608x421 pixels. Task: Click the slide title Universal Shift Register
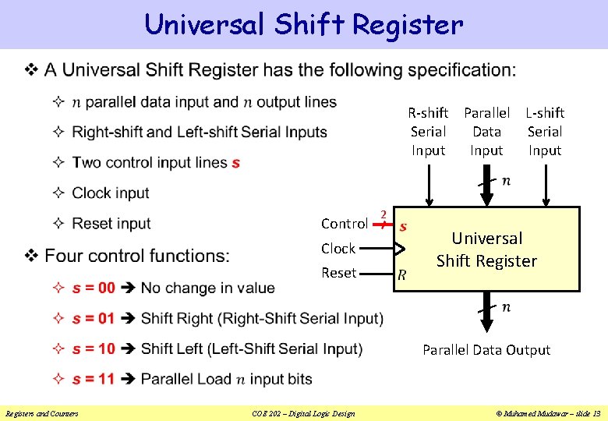pyautogui.click(x=303, y=24)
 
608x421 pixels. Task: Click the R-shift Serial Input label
pyautogui.click(x=428, y=132)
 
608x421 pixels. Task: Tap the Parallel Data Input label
pyautogui.click(x=486, y=132)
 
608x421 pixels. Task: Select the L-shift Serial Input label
pyautogui.click(x=545, y=132)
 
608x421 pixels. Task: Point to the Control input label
pyautogui.click(x=345, y=224)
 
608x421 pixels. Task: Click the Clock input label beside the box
pyautogui.click(x=338, y=249)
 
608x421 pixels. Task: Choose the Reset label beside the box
pyautogui.click(x=338, y=273)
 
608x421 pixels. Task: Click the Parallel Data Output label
pyautogui.click(x=486, y=350)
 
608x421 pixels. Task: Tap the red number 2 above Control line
pyautogui.click(x=383, y=214)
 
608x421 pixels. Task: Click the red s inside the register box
pyautogui.click(x=403, y=227)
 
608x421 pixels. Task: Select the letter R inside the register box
pyautogui.click(x=401, y=274)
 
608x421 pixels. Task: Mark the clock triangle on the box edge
pyautogui.click(x=399, y=249)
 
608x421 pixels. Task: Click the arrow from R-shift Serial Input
pyautogui.click(x=428, y=187)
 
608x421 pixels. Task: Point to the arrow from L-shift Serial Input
pyautogui.click(x=545, y=187)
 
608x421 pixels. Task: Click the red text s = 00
pyautogui.click(x=94, y=288)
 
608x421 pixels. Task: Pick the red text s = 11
pyautogui.click(x=94, y=379)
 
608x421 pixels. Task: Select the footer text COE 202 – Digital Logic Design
pyautogui.click(x=304, y=413)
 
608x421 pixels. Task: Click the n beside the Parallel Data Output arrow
pyautogui.click(x=506, y=308)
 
